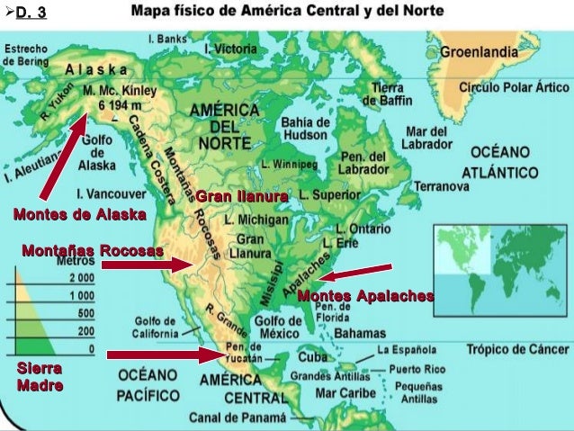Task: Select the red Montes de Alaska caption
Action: (x=79, y=214)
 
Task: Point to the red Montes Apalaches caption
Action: (x=365, y=296)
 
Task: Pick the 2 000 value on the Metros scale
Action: (x=82, y=278)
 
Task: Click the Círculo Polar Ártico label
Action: (x=515, y=88)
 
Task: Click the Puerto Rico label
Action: (x=424, y=368)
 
